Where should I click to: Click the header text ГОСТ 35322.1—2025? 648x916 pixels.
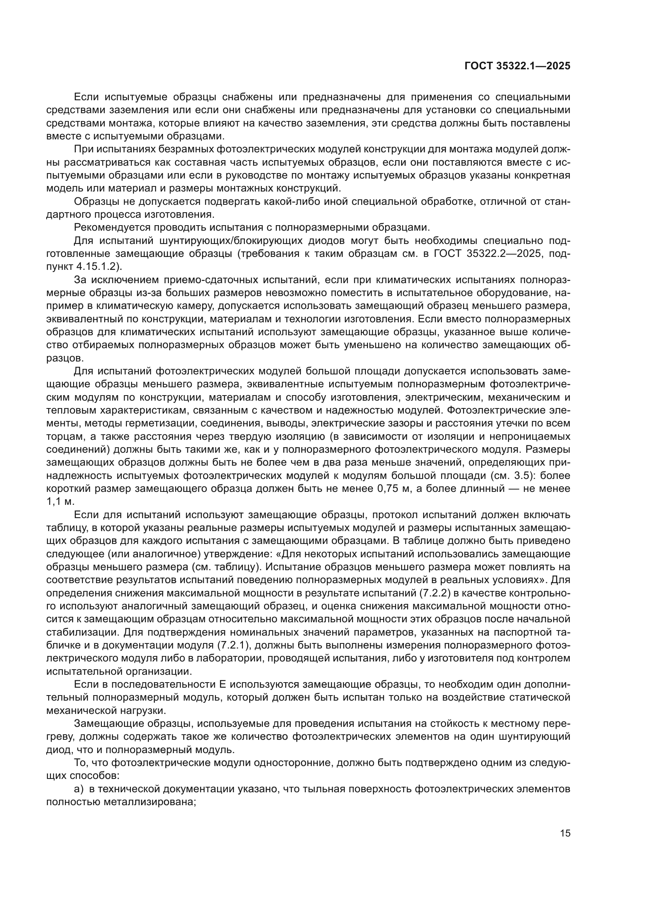(518, 66)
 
